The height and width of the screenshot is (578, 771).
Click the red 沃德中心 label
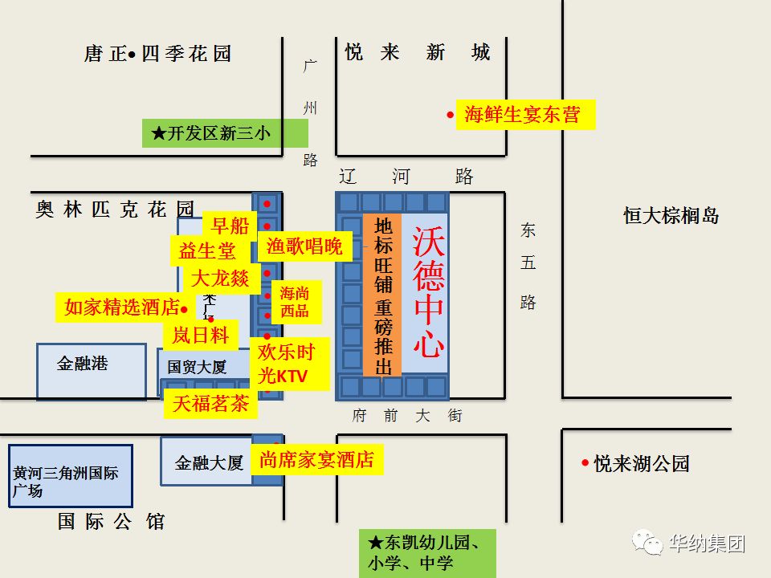point(428,292)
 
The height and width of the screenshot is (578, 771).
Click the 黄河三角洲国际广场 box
point(70,476)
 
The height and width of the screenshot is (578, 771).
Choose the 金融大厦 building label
point(208,462)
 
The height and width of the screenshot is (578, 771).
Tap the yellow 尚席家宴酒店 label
point(316,460)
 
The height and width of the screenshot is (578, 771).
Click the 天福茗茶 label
point(210,404)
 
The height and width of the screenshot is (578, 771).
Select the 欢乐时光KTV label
point(286,364)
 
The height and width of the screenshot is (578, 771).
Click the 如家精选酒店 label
point(121,307)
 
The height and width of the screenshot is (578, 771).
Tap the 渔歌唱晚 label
point(304,246)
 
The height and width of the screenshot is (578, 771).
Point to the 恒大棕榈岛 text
point(671,215)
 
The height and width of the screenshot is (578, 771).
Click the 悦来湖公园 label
point(642,463)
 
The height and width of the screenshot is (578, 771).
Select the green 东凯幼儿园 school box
point(427,552)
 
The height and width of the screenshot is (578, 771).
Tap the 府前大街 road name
point(407,416)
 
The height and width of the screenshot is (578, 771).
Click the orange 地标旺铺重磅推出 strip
point(382,295)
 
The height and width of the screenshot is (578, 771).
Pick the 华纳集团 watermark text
point(707,543)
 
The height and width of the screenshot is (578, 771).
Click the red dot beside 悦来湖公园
point(585,462)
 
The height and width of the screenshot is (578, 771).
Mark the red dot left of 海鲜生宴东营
point(451,115)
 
